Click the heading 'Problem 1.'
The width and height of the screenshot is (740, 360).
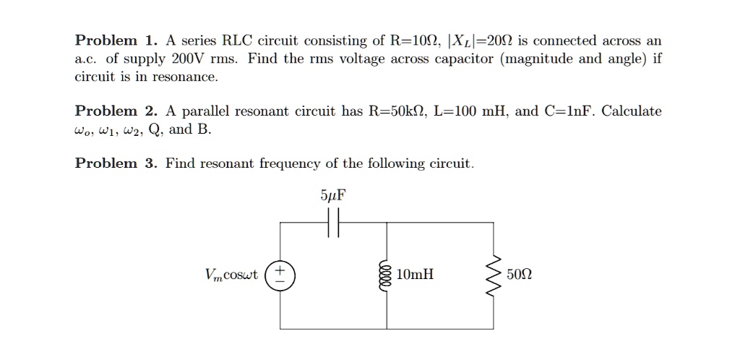point(116,40)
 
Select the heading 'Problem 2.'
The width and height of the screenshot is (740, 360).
point(116,111)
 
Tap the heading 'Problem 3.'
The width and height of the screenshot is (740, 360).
point(116,163)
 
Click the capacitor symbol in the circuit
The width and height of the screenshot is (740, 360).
point(332,223)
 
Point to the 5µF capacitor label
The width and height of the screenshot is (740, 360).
point(332,195)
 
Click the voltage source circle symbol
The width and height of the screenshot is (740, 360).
point(280,276)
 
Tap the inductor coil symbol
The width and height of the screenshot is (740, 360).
point(387,276)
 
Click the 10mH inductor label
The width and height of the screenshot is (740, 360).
point(416,275)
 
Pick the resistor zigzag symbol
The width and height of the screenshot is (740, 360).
point(494,276)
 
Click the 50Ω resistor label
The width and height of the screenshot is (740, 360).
point(522,275)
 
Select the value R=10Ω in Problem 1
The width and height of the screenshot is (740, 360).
point(414,40)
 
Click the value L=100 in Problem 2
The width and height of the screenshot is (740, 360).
point(461,111)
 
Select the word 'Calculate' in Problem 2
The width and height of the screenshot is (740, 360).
point(632,111)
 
